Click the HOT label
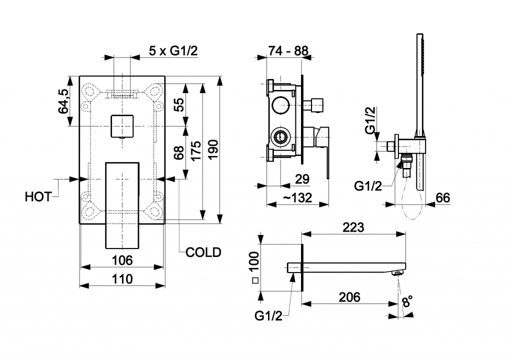(38, 197)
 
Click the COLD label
(203, 252)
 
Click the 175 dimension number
(196, 150)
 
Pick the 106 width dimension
(122, 260)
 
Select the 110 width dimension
(122, 279)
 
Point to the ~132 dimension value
(298, 197)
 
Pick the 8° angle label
(407, 302)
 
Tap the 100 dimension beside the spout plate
(254, 261)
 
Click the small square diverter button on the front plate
(122, 125)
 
